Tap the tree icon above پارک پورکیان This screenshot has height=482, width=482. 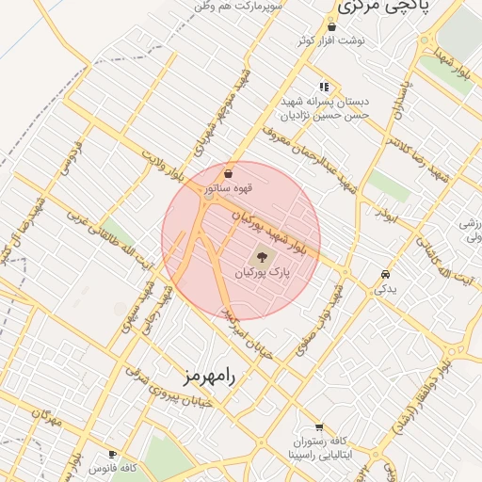pos(262,256)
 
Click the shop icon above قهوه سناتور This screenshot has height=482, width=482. pos(229,174)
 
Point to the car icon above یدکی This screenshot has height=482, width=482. pos(384,274)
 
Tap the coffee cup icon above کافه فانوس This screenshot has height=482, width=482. pos(113,453)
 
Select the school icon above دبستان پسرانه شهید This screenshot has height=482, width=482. pos(324,87)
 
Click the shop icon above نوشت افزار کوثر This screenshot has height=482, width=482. pos(331,27)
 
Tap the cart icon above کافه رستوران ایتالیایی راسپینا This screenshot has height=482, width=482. pos(318,426)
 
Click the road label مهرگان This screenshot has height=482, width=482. pos(45,419)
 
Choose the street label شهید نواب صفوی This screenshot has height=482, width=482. pos(320,320)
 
